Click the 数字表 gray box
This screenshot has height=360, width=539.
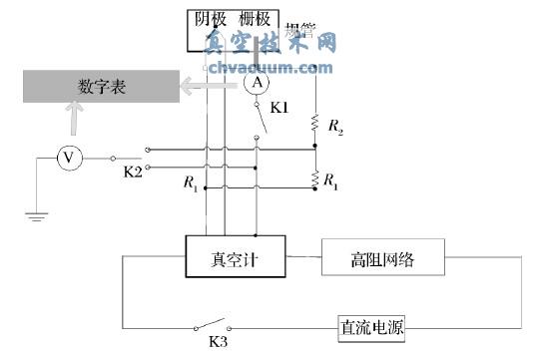click(x=100, y=87)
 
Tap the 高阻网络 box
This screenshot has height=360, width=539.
click(x=382, y=261)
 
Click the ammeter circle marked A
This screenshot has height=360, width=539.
click(x=257, y=82)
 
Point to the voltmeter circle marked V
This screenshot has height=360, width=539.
click(x=68, y=158)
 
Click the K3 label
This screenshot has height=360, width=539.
click(x=217, y=342)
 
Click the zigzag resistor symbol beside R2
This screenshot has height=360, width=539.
click(x=315, y=125)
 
